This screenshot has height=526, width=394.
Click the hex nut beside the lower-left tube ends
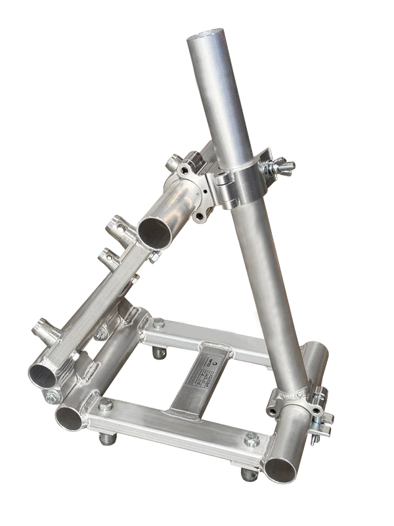click(51, 398)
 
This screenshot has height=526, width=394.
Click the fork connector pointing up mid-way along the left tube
click(108, 254)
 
